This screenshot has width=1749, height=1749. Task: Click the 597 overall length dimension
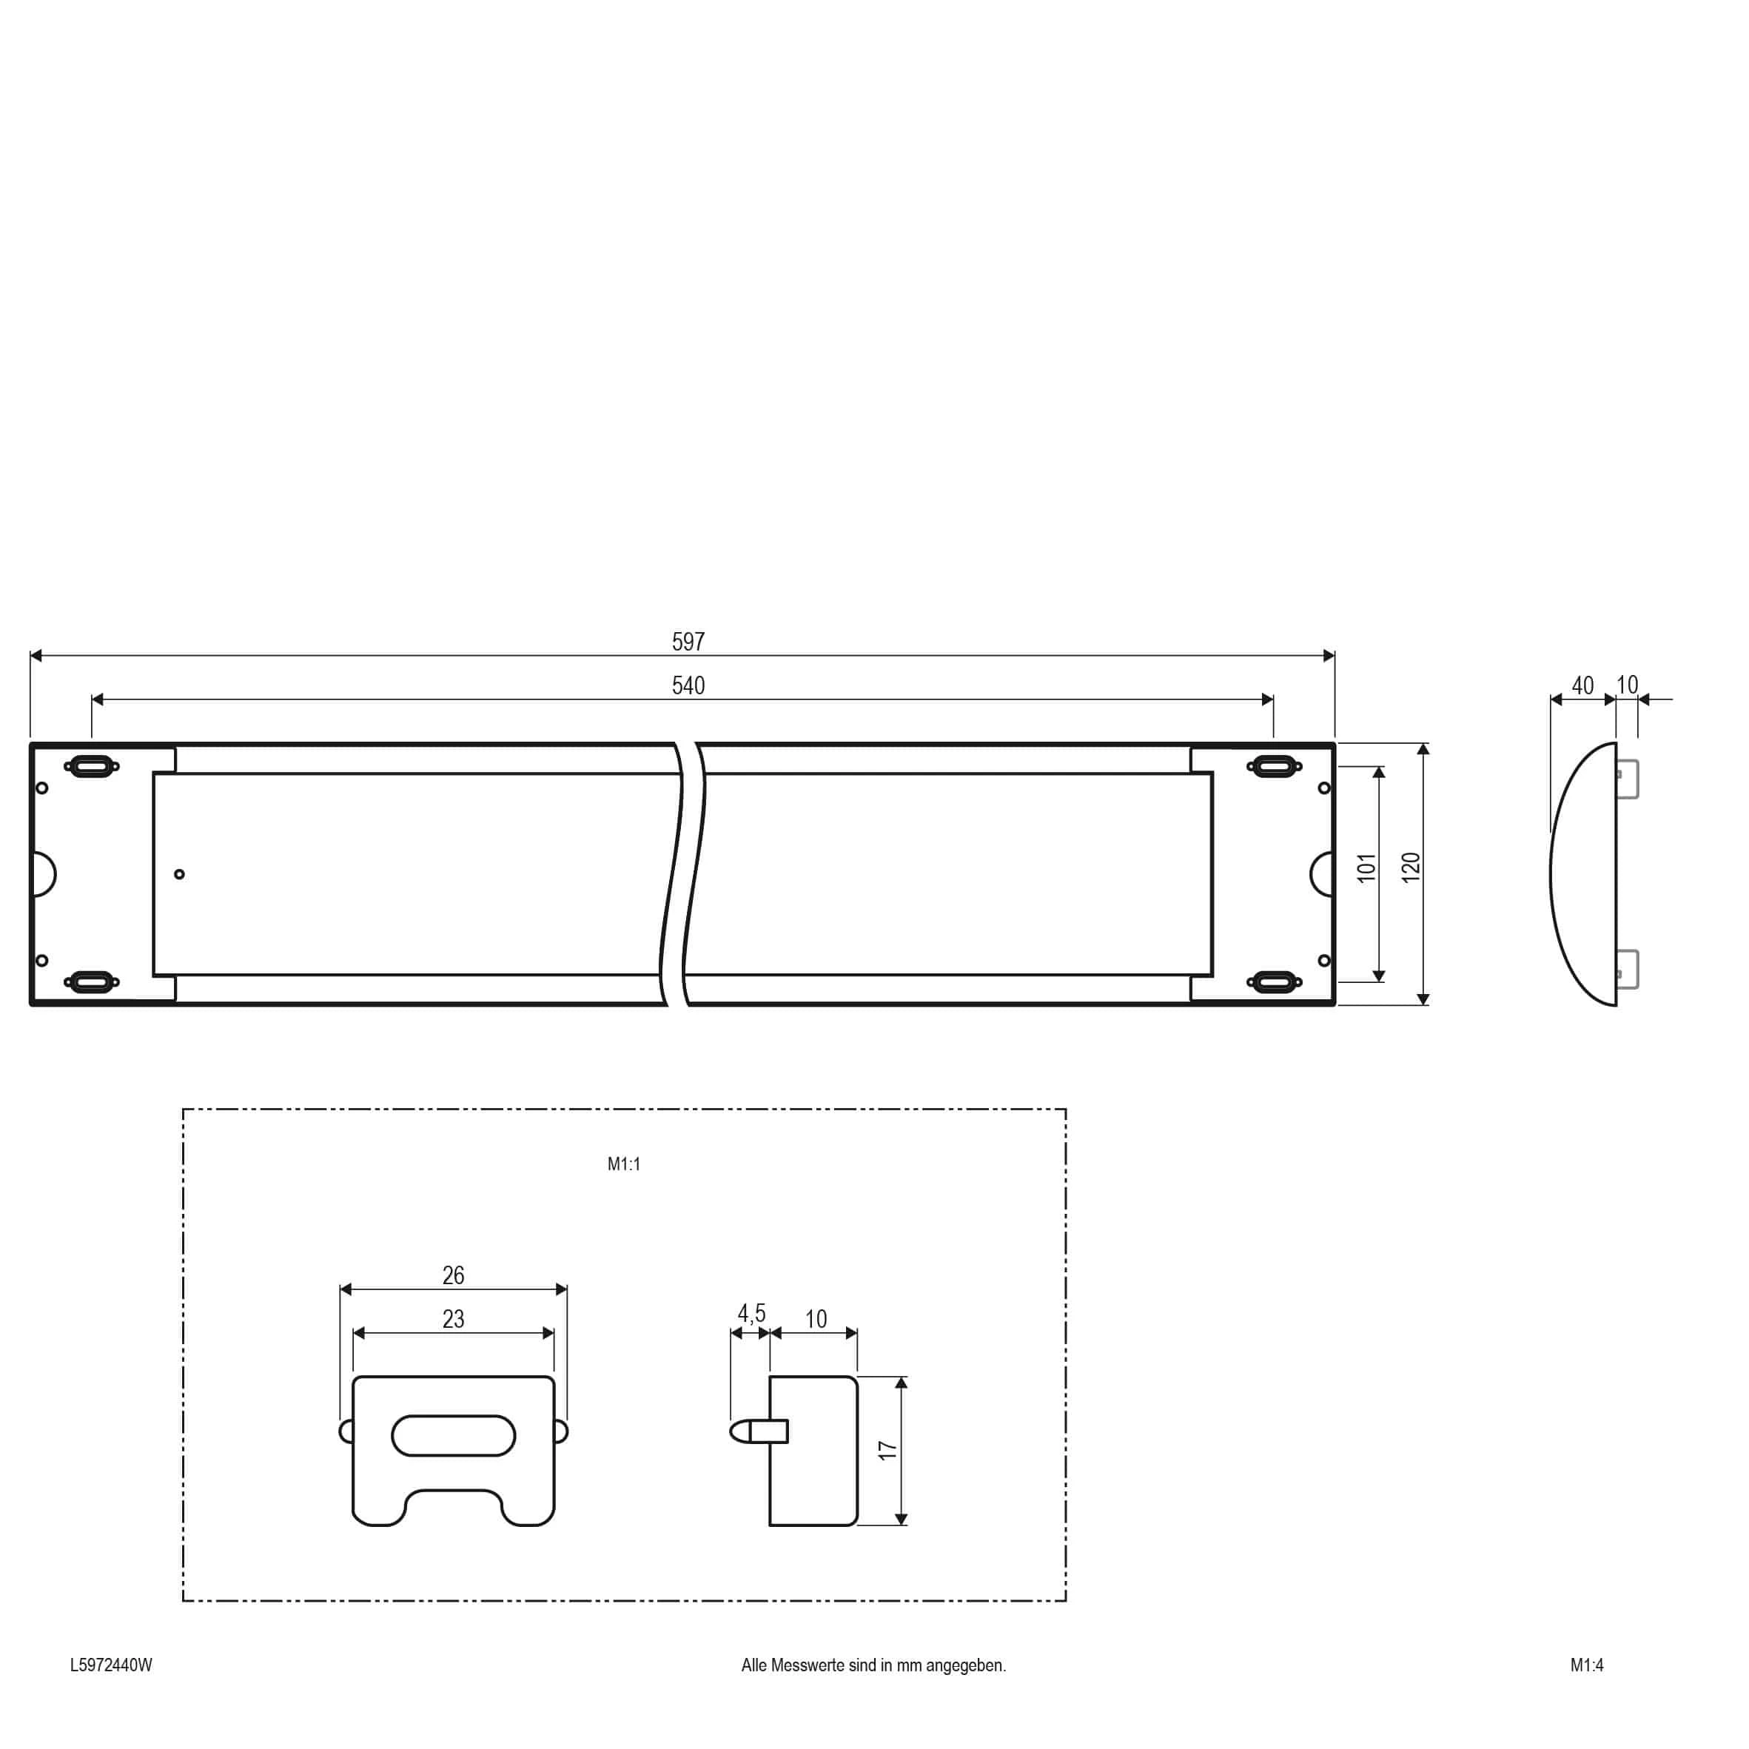point(688,642)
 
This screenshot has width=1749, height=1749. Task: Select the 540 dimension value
point(688,686)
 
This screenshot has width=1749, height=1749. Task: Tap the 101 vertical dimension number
point(1366,867)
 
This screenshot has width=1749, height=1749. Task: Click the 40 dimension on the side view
point(1582,686)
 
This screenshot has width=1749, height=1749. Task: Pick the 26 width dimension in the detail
point(453,1275)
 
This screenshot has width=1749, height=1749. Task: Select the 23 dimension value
point(453,1319)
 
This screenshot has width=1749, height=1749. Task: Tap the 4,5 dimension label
point(751,1312)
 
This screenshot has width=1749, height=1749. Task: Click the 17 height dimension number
point(887,1450)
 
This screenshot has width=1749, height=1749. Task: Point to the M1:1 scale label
point(624,1164)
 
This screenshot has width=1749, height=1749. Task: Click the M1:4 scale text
point(1587,1665)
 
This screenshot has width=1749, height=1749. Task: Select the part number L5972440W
point(111,1665)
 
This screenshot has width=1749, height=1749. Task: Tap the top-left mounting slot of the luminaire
point(92,767)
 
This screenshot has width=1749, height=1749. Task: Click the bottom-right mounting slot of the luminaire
point(1274,981)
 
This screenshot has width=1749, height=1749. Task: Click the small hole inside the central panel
point(179,875)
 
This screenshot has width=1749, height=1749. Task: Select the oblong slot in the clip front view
point(454,1436)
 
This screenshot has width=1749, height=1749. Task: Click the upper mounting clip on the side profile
point(1628,779)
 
